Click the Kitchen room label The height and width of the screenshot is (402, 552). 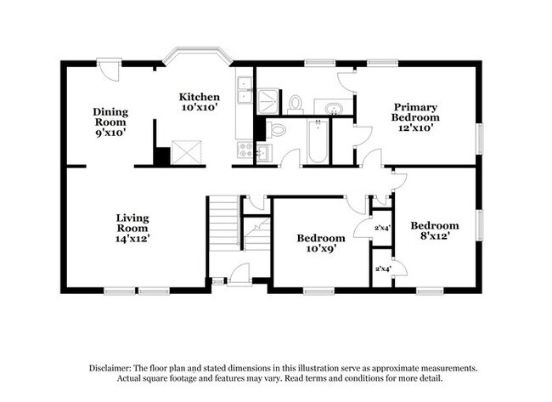[x=200, y=97]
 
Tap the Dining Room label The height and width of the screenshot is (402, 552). [x=110, y=117]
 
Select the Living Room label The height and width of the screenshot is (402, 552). [x=132, y=223]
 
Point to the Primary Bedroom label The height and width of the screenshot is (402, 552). [x=415, y=112]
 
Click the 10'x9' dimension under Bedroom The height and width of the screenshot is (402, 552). [x=321, y=249]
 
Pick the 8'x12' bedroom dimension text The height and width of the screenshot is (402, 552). [x=435, y=235]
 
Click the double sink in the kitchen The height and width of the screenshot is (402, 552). [x=245, y=90]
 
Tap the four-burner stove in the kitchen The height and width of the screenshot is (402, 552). [x=245, y=150]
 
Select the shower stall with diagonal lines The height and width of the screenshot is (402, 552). [x=268, y=101]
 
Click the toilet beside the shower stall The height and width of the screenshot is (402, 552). [x=295, y=105]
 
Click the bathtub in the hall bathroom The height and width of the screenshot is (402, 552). [x=318, y=141]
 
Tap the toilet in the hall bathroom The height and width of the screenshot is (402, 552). [x=275, y=130]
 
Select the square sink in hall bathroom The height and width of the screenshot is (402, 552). [x=264, y=153]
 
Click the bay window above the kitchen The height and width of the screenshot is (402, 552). [x=198, y=55]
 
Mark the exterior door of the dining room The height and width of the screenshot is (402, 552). [x=110, y=70]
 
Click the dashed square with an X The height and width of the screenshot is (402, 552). [x=187, y=152]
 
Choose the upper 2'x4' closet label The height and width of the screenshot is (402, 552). [x=383, y=228]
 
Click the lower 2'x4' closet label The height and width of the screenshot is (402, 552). [x=383, y=269]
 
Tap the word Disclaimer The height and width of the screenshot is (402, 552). [x=110, y=368]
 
